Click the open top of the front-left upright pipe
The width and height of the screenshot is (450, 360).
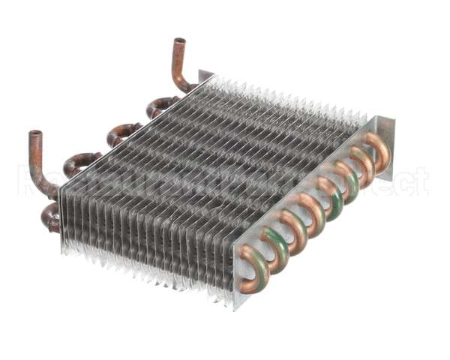tap(35, 135)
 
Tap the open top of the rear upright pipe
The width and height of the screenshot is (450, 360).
tap(179, 42)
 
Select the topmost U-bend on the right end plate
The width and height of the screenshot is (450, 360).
tap(377, 148)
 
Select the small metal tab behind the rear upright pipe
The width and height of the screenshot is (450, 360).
tap(205, 76)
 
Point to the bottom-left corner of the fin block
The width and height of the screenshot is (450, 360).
tap(63, 247)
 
